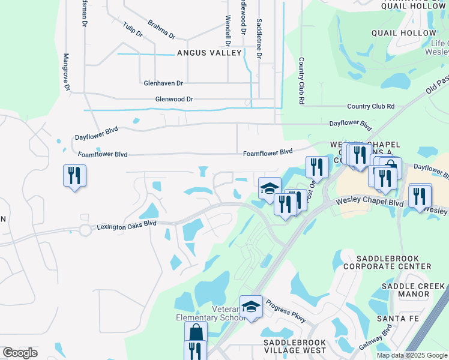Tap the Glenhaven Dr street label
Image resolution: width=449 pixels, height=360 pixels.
point(163,83)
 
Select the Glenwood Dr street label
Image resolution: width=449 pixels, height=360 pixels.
point(174,99)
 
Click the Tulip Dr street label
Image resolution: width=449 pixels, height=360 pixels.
point(132,30)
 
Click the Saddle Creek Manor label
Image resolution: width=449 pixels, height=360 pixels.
point(414,290)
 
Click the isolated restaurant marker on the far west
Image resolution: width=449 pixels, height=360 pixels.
point(74,176)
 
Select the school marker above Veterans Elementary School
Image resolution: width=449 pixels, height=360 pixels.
point(252,307)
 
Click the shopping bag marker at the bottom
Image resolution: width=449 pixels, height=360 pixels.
point(196,332)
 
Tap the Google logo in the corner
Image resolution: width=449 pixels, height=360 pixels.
point(20,353)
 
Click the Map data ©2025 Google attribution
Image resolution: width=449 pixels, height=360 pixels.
point(412,355)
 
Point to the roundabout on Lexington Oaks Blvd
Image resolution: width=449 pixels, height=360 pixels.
point(85,229)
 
